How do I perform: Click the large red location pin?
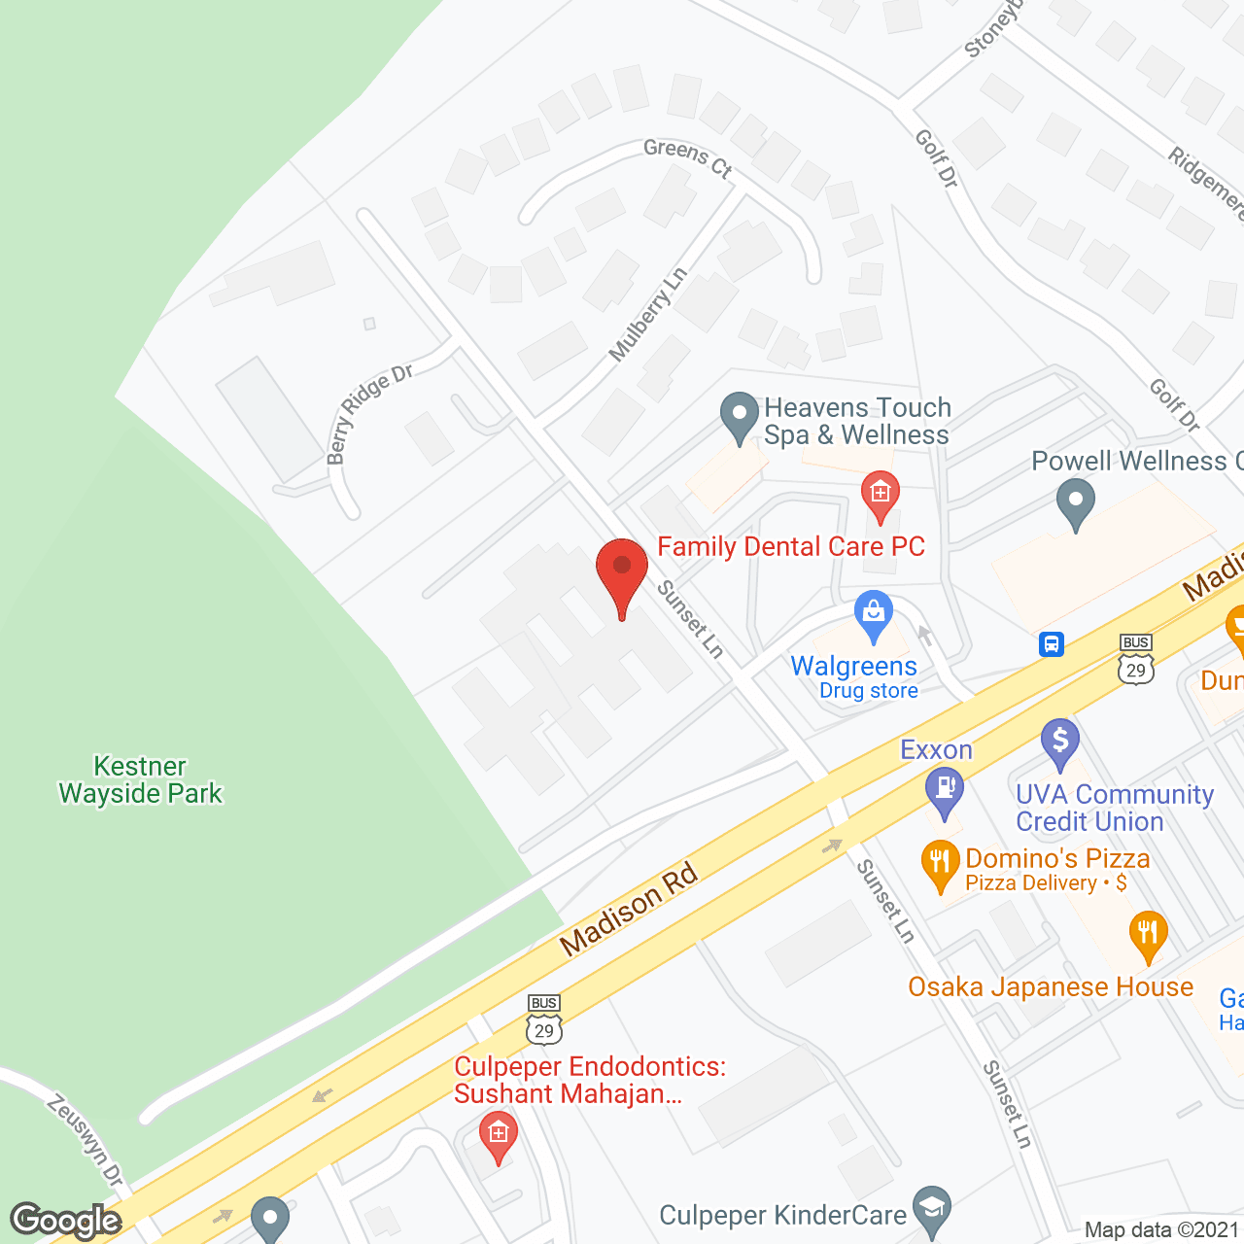pyautogui.click(x=621, y=570)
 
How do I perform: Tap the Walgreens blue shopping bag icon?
pyautogui.click(x=873, y=613)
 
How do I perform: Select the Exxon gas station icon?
pyautogui.click(x=944, y=787)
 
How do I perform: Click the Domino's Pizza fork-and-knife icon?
pyautogui.click(x=939, y=862)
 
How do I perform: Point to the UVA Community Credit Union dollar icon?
pyautogui.click(x=1059, y=740)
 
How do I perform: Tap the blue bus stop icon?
pyautogui.click(x=1052, y=644)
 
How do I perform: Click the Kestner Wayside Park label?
pyautogui.click(x=141, y=780)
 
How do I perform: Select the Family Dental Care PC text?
pyautogui.click(x=791, y=547)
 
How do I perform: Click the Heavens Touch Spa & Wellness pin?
pyautogui.click(x=740, y=415)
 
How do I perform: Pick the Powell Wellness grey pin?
pyautogui.click(x=1075, y=504)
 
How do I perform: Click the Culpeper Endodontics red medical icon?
pyautogui.click(x=498, y=1134)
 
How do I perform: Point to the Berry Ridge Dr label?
pyautogui.click(x=368, y=413)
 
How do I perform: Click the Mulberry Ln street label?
pyautogui.click(x=647, y=314)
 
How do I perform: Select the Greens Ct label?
pyautogui.click(x=687, y=157)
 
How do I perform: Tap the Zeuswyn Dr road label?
pyautogui.click(x=86, y=1140)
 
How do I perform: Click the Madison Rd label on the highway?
pyautogui.click(x=629, y=909)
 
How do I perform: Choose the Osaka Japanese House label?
pyautogui.click(x=1050, y=987)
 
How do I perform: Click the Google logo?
pyautogui.click(x=66, y=1220)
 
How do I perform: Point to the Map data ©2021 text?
pyautogui.click(x=1161, y=1230)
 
